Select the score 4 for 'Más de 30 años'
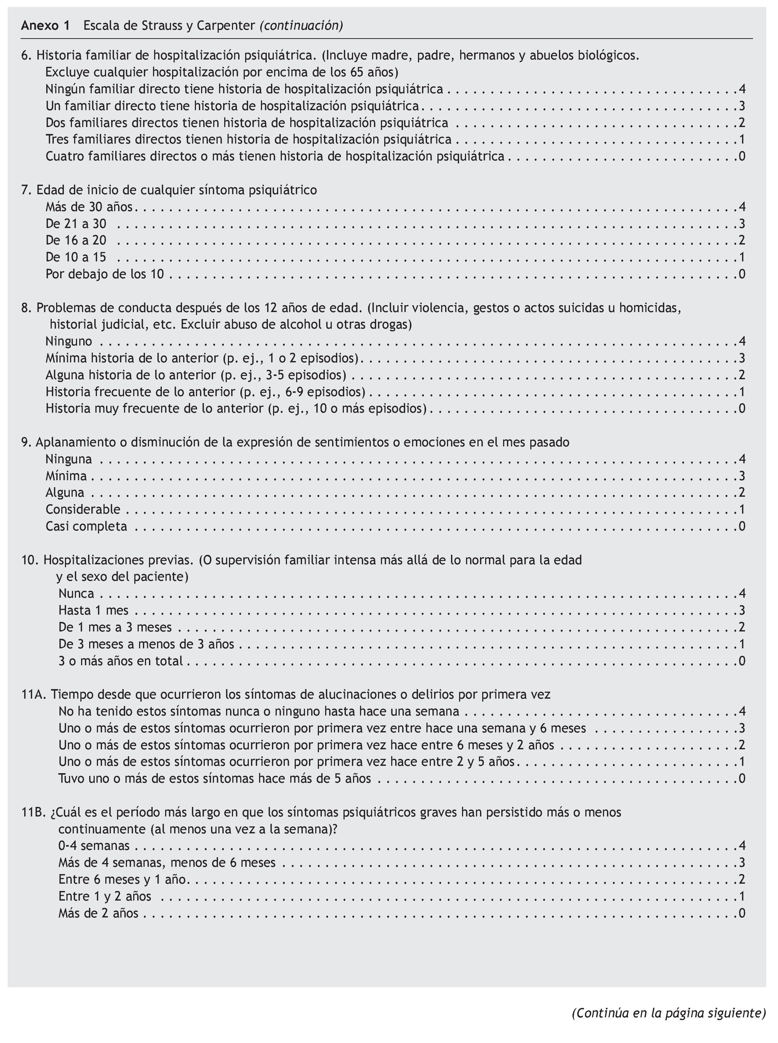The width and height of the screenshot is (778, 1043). [x=742, y=207]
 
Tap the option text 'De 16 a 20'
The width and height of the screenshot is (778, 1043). [x=76, y=240]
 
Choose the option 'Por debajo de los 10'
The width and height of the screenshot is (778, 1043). [x=105, y=274]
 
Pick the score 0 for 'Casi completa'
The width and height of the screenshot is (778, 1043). [x=742, y=526]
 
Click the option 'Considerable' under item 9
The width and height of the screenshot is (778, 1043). [x=83, y=509]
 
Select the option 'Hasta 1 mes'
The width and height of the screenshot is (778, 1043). [x=93, y=611]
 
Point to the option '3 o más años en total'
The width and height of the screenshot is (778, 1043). [x=121, y=661]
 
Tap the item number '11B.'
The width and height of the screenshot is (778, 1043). [x=34, y=812]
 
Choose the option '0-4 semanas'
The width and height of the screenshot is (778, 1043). [x=94, y=845]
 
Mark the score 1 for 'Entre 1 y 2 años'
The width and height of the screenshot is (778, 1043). [x=742, y=896]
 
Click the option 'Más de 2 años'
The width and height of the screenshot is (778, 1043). [x=98, y=913]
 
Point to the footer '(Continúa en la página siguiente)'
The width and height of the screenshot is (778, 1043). [x=669, y=1013]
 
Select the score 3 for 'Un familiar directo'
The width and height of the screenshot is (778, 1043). [x=742, y=106]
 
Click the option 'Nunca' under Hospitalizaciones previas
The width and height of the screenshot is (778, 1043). [x=76, y=594]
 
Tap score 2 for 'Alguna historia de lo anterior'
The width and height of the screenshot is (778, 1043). [x=742, y=375]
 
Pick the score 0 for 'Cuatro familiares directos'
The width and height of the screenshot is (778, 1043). [x=742, y=156]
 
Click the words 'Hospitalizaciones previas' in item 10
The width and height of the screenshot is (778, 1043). [x=118, y=560]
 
